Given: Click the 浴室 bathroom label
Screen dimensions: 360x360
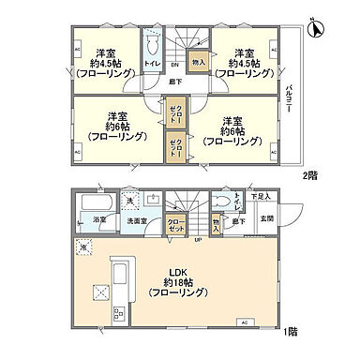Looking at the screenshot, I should click(x=99, y=221).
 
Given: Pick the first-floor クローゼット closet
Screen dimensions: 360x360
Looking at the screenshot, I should click(x=175, y=224).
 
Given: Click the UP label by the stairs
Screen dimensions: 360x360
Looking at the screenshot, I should click(x=199, y=241).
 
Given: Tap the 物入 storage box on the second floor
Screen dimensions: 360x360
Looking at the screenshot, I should click(x=197, y=64).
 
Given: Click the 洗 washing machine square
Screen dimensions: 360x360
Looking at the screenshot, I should click(x=129, y=202).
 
